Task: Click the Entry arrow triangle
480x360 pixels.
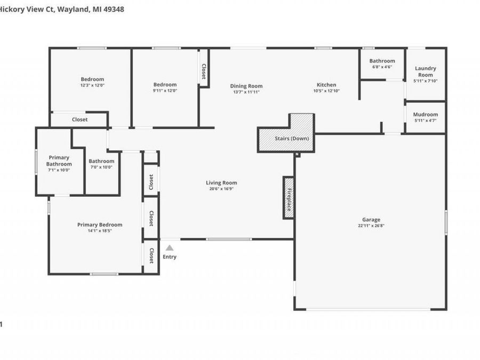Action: click(170, 247)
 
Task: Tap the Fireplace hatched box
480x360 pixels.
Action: click(289, 198)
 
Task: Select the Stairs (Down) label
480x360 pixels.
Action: click(292, 139)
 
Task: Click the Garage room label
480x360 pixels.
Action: click(371, 220)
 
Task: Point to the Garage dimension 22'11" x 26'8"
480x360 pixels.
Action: click(371, 226)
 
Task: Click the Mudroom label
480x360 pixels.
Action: click(426, 115)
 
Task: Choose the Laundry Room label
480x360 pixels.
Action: click(426, 71)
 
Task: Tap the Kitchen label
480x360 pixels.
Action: click(326, 85)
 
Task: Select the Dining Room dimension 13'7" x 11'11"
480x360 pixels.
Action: click(246, 92)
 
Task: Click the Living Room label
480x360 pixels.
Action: click(221, 183)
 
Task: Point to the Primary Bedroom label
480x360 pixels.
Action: click(100, 225)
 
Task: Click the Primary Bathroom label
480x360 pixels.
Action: click(59, 161)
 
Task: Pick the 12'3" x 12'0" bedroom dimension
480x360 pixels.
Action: click(92, 85)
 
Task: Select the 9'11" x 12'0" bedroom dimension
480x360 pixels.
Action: click(165, 91)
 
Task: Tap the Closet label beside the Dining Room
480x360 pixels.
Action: click(204, 71)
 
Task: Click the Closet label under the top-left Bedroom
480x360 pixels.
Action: click(79, 119)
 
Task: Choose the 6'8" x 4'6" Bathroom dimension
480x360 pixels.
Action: click(382, 67)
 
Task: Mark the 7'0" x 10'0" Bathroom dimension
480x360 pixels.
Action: click(101, 167)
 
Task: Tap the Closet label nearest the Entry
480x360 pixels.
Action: click(151, 255)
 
